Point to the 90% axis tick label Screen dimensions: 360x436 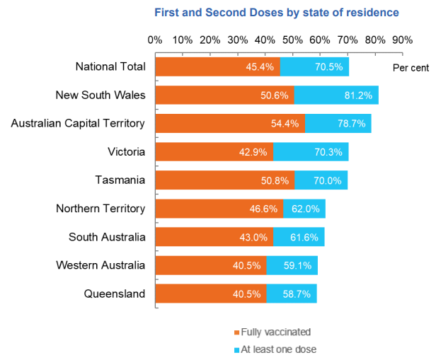403,40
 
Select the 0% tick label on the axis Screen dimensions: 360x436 155,40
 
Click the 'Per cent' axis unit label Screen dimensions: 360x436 411,67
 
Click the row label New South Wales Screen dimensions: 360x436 101,95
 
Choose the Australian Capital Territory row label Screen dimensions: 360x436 78,123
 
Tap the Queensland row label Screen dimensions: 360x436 114,294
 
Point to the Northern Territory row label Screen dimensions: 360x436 101,208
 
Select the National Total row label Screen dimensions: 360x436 110,66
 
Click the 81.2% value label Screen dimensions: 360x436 360,95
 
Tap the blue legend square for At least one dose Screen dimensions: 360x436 236,349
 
